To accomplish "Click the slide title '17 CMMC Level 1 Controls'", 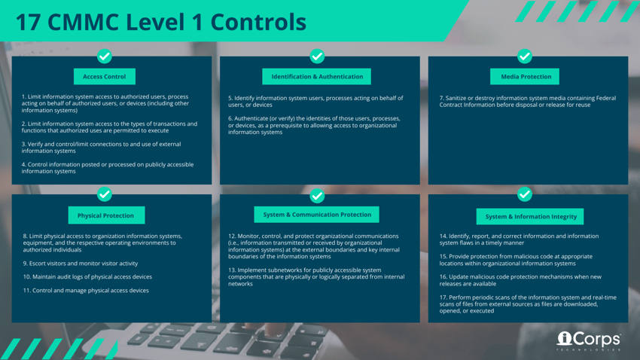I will [x=160, y=22].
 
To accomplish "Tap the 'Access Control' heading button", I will [x=105, y=77].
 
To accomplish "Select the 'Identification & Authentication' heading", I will [x=317, y=77].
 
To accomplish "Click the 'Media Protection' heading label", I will [x=526, y=77].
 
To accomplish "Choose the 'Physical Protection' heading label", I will [x=105, y=215].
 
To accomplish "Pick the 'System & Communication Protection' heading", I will [x=317, y=215].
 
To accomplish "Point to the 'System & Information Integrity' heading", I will [x=531, y=216].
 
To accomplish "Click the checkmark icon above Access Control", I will [x=105, y=56].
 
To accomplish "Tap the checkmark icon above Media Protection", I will [x=525, y=56].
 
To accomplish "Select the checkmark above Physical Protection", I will [x=105, y=195].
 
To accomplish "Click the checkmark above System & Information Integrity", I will [x=525, y=195].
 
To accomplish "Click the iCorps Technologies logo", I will [x=588, y=341].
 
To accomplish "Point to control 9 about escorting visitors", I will [x=81, y=264].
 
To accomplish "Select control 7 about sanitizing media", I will [x=527, y=102].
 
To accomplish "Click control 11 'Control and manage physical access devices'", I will [x=86, y=290].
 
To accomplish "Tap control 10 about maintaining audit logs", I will [x=87, y=276].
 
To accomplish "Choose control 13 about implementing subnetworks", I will [x=316, y=276].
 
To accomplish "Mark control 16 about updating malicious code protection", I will [x=520, y=280].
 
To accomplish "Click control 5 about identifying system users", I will [x=315, y=102].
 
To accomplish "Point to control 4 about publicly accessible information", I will [x=108, y=168].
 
